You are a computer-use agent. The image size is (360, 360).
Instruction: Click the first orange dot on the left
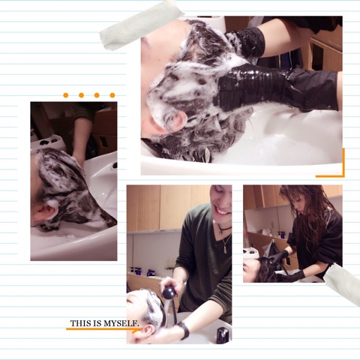click(66, 95)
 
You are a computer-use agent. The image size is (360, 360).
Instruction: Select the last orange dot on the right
click(112, 95)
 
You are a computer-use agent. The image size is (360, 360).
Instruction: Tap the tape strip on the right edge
click(343, 283)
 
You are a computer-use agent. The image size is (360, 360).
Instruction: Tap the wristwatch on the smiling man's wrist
click(184, 330)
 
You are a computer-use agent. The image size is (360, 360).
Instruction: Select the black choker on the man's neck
click(224, 228)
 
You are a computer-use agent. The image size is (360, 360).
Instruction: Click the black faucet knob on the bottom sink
click(222, 335)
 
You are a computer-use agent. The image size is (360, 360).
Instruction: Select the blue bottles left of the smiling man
click(141, 271)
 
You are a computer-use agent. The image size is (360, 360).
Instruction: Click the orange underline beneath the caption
click(103, 329)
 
